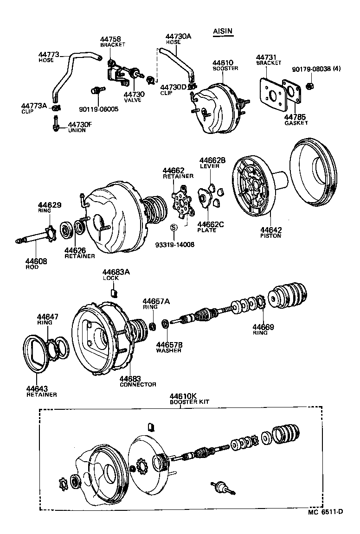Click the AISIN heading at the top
point(223,32)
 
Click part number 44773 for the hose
point(49,55)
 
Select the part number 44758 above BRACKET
point(111,39)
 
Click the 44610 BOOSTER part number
point(223,63)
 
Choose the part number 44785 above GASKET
point(296,117)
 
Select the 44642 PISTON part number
point(271,230)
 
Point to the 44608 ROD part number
point(36,261)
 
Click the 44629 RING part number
point(50,204)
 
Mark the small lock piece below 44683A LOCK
point(113,292)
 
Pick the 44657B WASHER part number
point(168,345)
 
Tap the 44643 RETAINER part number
point(38,388)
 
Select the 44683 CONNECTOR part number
point(131,379)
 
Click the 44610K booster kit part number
point(182,396)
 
